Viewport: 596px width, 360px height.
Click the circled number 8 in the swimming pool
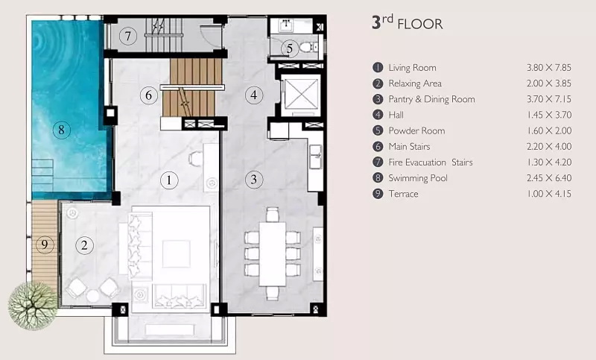(61, 130)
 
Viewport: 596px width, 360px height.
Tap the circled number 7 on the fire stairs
(127, 36)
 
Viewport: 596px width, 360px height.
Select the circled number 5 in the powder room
(290, 48)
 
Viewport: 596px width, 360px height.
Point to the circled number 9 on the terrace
(45, 244)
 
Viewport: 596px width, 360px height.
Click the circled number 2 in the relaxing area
(84, 245)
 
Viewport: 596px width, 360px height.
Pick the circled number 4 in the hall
(254, 95)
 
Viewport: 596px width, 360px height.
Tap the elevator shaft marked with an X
(301, 94)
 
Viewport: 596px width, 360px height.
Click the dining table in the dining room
(272, 254)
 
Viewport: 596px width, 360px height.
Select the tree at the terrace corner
(33, 306)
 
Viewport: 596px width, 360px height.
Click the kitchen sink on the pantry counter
(316, 157)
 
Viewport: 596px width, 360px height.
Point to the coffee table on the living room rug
(177, 254)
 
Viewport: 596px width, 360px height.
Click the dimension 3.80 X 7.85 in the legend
(549, 68)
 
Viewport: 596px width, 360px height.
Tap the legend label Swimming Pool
(418, 178)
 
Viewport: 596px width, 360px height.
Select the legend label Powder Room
(416, 130)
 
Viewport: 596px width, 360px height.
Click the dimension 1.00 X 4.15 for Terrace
(549, 194)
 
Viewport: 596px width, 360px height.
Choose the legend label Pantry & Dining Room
(432, 99)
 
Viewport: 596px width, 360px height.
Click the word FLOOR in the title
(420, 25)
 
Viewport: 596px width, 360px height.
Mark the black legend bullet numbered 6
(378, 146)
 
